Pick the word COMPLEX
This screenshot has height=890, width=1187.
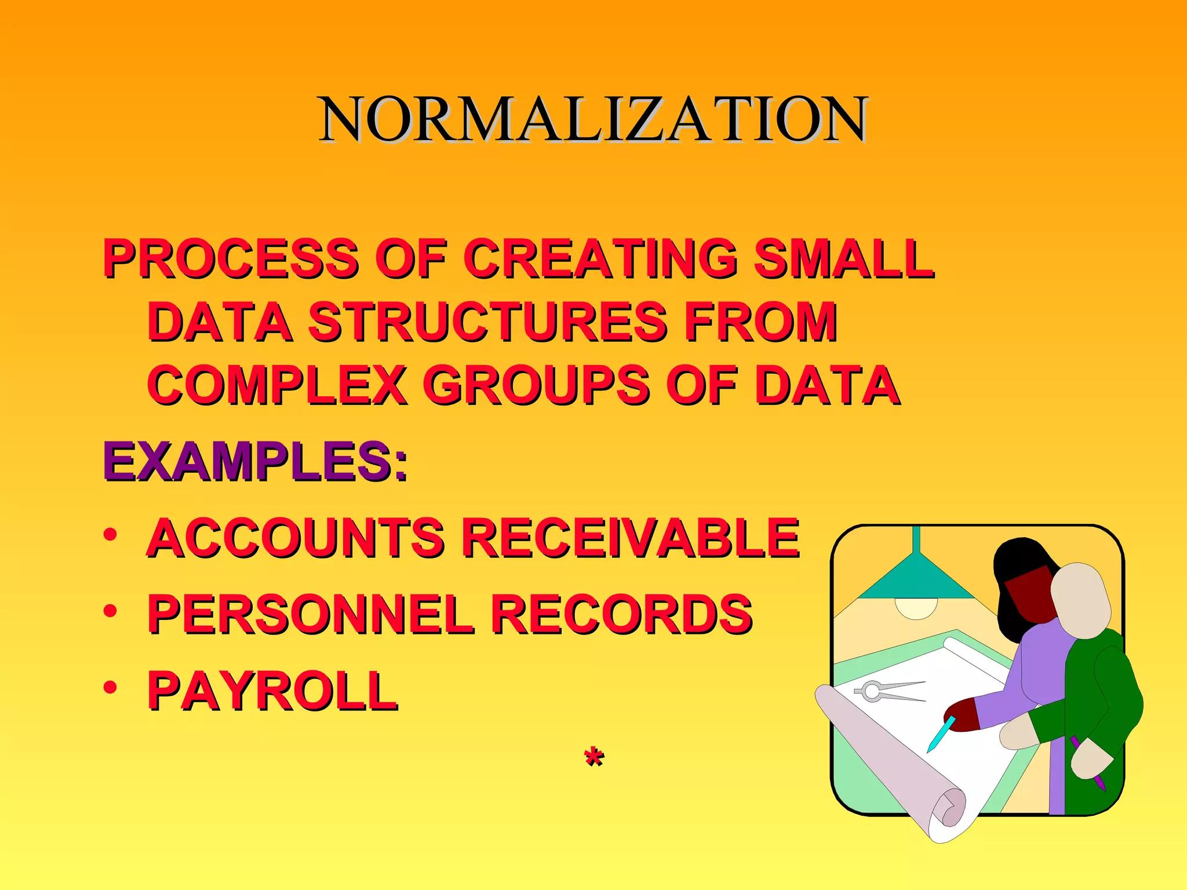pyautogui.click(x=277, y=385)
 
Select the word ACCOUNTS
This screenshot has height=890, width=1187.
pyautogui.click(x=296, y=538)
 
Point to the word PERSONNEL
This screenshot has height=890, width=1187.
pyautogui.click(x=310, y=614)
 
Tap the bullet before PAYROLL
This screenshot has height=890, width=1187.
pyautogui.click(x=110, y=687)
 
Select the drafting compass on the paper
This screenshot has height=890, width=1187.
pyautogui.click(x=887, y=691)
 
